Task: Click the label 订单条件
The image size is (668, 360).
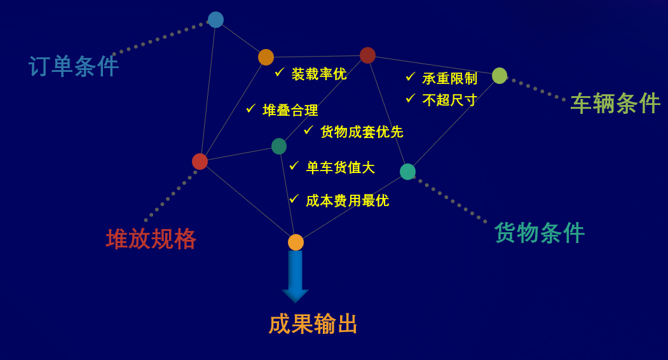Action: (x=74, y=67)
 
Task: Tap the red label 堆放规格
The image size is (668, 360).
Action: (x=151, y=239)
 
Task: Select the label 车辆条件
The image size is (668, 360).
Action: (x=615, y=103)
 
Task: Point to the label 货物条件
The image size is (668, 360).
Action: (x=540, y=233)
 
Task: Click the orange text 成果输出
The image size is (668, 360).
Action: (x=313, y=324)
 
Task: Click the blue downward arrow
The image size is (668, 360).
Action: (x=296, y=277)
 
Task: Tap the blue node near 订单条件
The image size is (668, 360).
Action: (x=215, y=20)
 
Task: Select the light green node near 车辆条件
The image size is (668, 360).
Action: (x=500, y=76)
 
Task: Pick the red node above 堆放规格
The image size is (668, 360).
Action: (x=200, y=162)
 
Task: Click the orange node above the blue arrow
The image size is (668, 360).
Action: (x=296, y=242)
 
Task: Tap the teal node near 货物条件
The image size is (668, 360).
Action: (x=407, y=172)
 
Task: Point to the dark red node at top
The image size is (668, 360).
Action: (x=367, y=55)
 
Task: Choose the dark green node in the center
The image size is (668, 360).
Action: (x=279, y=146)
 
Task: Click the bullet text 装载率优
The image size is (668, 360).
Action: (x=319, y=74)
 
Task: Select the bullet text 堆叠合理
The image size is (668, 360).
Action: (x=290, y=111)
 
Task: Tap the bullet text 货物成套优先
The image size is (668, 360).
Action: (x=362, y=132)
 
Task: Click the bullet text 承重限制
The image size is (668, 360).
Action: (x=449, y=78)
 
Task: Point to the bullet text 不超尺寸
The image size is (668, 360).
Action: (x=449, y=100)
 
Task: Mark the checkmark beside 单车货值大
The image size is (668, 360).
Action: (x=294, y=165)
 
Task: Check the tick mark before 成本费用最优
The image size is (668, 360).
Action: (x=294, y=199)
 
